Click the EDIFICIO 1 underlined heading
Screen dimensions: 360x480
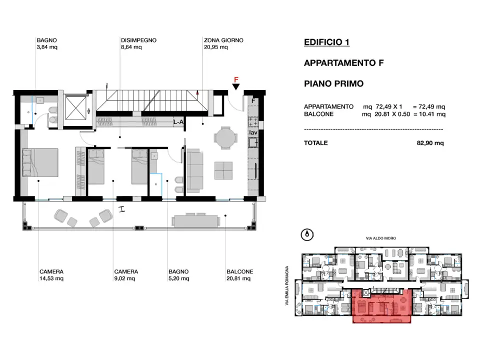click(326, 42)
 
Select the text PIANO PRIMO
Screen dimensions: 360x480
click(333, 83)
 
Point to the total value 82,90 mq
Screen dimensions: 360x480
click(430, 143)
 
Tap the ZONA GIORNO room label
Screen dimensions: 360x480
click(223, 40)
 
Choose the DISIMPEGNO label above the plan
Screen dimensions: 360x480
click(138, 40)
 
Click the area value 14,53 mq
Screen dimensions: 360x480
click(51, 278)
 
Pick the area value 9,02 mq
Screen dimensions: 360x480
click(125, 278)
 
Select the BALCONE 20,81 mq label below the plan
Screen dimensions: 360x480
click(239, 275)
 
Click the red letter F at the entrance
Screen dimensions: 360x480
click(236, 79)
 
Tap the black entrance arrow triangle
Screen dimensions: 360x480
click(236, 88)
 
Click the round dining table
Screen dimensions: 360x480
click(224, 138)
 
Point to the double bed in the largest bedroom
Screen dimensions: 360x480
click(40, 162)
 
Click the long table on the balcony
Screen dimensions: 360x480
click(195, 220)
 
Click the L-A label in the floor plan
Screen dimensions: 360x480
click(178, 122)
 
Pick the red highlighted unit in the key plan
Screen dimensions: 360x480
click(382, 305)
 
